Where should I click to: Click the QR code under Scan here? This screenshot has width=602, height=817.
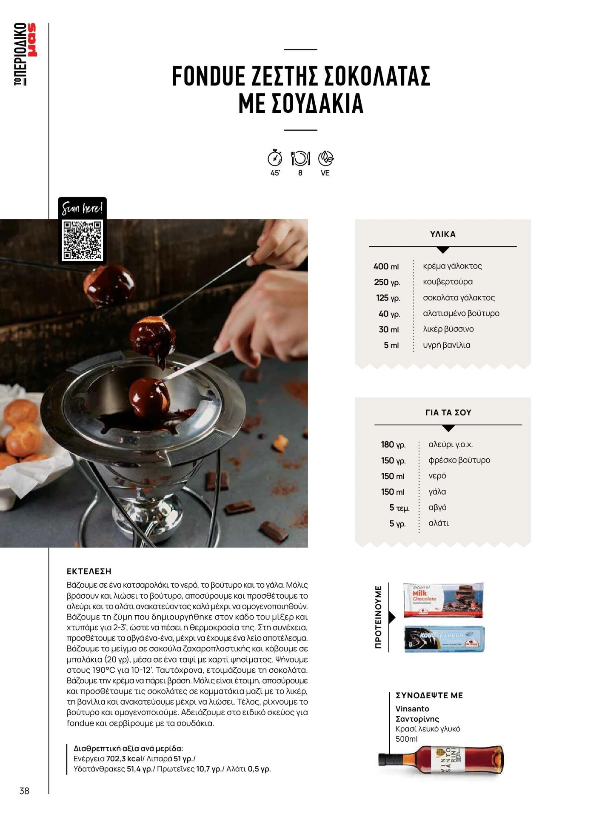pyautogui.click(x=82, y=240)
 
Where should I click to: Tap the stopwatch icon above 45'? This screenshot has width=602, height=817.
pyautogui.click(x=275, y=157)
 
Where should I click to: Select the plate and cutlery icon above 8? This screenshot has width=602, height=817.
pyautogui.click(x=300, y=158)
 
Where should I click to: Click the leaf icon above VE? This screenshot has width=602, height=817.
pyautogui.click(x=326, y=158)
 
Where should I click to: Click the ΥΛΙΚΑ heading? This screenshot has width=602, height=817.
pyautogui.click(x=443, y=234)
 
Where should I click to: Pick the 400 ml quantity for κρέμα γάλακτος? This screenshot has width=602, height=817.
pyautogui.click(x=386, y=266)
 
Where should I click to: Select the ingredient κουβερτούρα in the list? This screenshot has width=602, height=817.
pyautogui.click(x=448, y=282)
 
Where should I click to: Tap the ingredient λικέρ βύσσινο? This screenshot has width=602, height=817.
pyautogui.click(x=448, y=329)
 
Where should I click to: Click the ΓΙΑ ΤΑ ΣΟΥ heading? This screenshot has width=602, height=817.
pyautogui.click(x=448, y=412)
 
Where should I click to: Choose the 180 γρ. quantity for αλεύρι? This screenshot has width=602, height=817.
pyautogui.click(x=393, y=445)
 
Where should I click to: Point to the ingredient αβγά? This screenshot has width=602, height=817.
pyautogui.click(x=437, y=507)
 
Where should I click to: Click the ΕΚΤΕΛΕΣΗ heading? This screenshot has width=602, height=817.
pyautogui.click(x=89, y=571)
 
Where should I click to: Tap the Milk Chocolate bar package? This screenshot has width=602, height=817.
pyautogui.click(x=443, y=600)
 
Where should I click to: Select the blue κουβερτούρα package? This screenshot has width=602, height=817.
pyautogui.click(x=444, y=639)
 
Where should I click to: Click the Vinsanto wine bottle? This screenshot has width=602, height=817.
pyautogui.click(x=441, y=760)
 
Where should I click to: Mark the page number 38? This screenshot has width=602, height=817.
pyautogui.click(x=24, y=791)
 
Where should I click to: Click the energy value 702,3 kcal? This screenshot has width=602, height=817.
pyautogui.click(x=124, y=759)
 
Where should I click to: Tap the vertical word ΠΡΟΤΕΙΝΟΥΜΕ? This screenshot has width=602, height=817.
pyautogui.click(x=378, y=617)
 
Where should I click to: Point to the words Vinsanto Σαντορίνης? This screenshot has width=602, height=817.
pyautogui.click(x=417, y=714)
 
